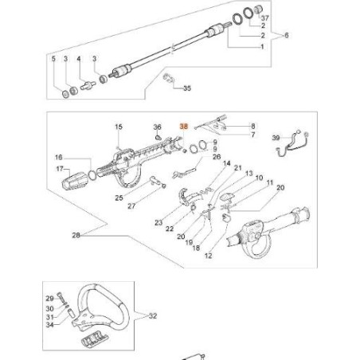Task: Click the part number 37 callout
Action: point(265,18)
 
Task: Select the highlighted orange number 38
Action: point(185,126)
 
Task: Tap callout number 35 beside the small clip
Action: point(188,88)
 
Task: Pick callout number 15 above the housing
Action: point(119,127)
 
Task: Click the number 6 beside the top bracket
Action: point(286,36)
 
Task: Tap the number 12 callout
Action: point(209,256)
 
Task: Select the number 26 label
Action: point(216,157)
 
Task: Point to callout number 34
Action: point(50,325)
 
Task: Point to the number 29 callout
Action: point(50,297)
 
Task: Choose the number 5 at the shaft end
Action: point(53,60)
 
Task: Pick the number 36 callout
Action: point(158,127)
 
